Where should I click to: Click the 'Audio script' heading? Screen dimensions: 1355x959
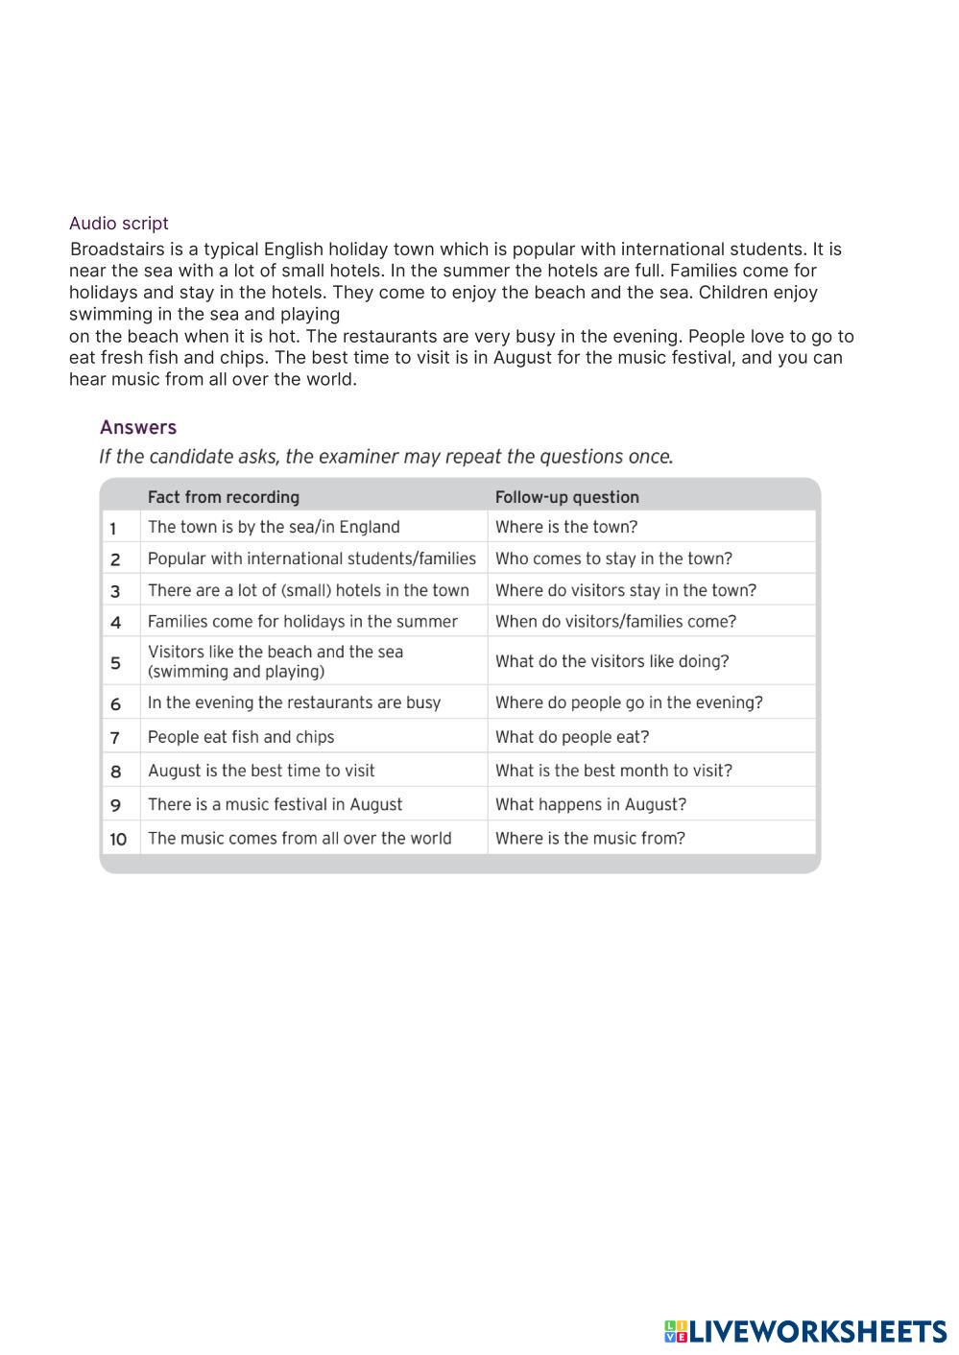(x=118, y=224)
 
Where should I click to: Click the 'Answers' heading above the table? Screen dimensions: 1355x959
(x=138, y=428)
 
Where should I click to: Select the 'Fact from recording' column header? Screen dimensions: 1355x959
(x=223, y=497)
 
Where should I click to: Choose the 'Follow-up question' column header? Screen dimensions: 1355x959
(x=566, y=497)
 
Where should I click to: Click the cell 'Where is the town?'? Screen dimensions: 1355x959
(x=565, y=527)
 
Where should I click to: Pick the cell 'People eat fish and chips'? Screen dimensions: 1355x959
(x=241, y=737)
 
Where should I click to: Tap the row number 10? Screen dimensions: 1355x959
(x=118, y=839)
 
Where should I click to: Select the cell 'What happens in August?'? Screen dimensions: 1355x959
(x=590, y=804)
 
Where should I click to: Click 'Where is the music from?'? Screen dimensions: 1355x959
(x=589, y=838)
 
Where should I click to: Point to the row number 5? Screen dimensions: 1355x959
(x=115, y=662)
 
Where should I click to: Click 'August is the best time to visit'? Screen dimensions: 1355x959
(x=261, y=771)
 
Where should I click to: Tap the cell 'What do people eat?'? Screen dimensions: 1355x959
(x=572, y=737)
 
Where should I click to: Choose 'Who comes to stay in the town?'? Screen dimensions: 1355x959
(x=613, y=559)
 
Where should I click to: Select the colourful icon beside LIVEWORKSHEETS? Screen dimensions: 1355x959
(x=676, y=1332)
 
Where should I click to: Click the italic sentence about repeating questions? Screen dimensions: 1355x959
(x=386, y=457)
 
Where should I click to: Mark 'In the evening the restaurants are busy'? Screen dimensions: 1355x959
(x=294, y=702)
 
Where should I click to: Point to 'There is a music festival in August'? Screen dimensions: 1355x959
(x=275, y=804)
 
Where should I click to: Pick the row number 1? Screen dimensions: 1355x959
(x=113, y=528)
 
